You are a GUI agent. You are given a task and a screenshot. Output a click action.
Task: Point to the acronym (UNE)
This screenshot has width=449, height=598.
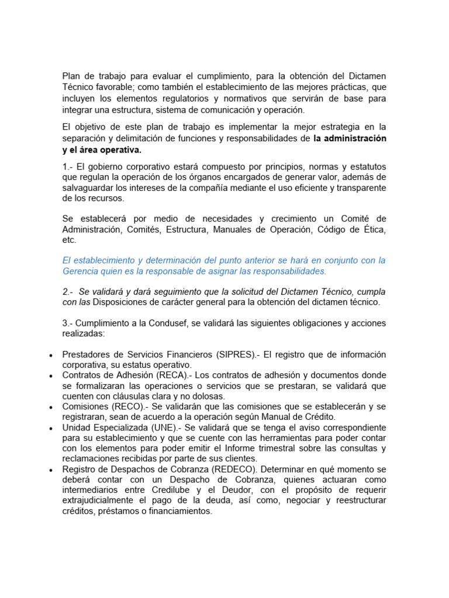[167, 428]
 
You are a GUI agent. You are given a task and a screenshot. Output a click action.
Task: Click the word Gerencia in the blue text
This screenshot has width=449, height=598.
[83, 272]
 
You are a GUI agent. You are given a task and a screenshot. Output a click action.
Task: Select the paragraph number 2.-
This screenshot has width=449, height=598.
[68, 291]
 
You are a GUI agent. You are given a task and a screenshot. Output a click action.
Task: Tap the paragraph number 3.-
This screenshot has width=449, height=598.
[69, 323]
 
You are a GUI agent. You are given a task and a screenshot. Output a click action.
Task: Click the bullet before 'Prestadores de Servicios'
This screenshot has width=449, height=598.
[52, 356]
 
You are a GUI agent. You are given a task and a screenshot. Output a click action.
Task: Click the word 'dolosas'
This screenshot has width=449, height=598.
[210, 397]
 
